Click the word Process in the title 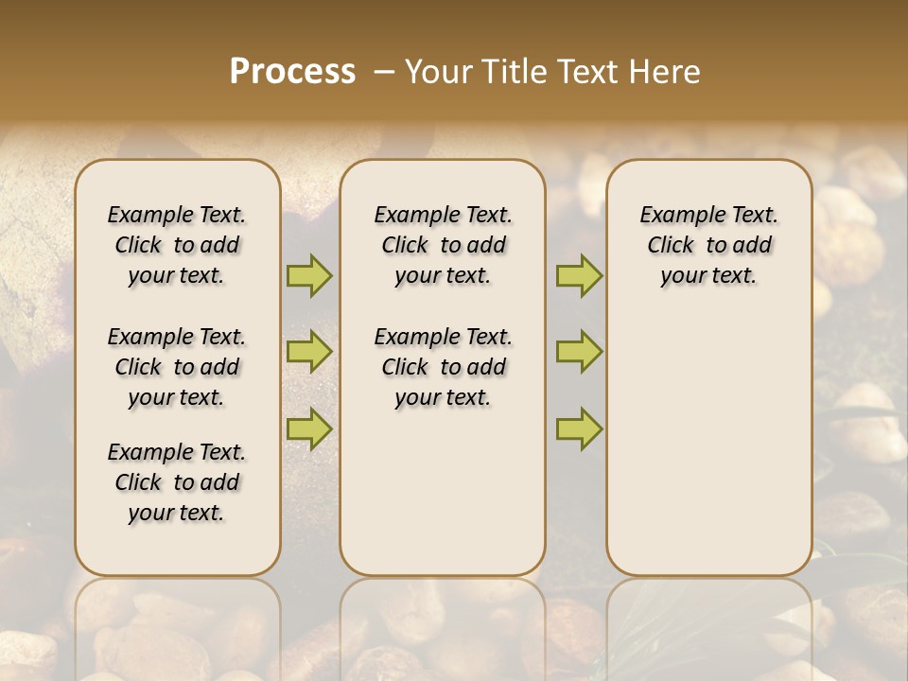[292, 72]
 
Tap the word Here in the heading [663, 72]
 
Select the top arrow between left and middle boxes [309, 275]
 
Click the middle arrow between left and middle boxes [309, 352]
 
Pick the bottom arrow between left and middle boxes [309, 428]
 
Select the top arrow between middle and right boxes [579, 275]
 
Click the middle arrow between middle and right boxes [579, 352]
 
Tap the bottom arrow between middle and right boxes [579, 428]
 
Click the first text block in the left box [177, 245]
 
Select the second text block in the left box [177, 367]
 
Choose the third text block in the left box [177, 482]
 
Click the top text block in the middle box [444, 245]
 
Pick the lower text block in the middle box [444, 367]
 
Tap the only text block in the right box [709, 245]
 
